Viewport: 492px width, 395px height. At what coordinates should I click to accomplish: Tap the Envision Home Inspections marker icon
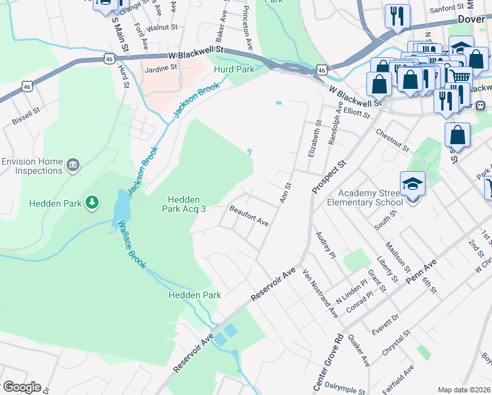[x=73, y=163]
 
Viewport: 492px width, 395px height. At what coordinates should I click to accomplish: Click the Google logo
[x=21, y=387]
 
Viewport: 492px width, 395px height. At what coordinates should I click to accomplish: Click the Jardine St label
[x=160, y=67]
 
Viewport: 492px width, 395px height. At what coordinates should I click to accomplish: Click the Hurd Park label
[x=230, y=68]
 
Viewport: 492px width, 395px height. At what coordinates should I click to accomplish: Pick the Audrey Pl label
[x=326, y=245]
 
